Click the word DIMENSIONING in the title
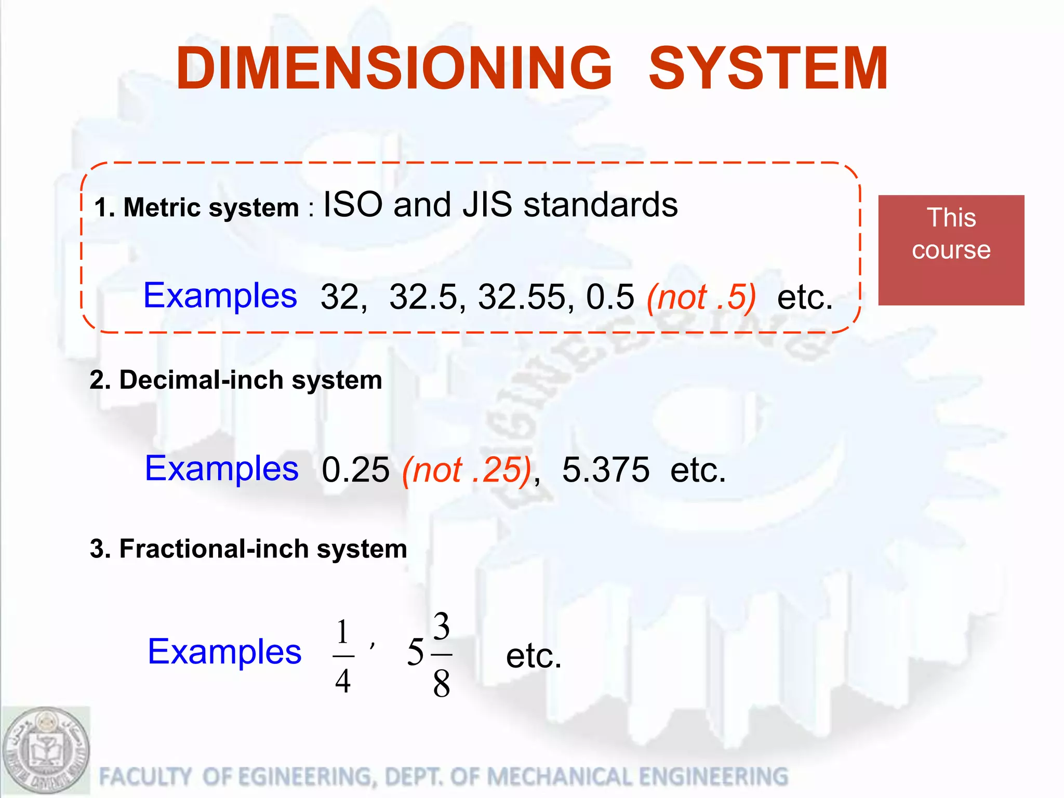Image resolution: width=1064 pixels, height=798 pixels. pos(394,69)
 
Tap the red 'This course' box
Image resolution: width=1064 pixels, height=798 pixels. pos(951,250)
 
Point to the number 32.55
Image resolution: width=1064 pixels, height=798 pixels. pos(522,297)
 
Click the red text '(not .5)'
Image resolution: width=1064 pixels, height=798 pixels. pos(701,297)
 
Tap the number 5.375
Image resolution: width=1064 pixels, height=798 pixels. pos(605,470)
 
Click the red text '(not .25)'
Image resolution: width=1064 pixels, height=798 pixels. pos(467,470)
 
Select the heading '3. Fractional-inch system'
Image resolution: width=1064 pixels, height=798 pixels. pos(248,549)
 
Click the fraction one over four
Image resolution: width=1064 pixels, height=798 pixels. pos(342,656)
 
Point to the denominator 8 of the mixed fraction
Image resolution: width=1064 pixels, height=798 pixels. pos(441,684)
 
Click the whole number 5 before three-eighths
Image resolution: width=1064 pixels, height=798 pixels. pos(415,652)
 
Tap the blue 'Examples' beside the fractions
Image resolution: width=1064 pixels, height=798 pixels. pos(224,651)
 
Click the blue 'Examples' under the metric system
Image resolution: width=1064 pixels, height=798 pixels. pos(220,295)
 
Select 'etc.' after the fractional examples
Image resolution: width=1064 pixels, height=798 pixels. pos(534,656)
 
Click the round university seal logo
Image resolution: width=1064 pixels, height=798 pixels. pos(46,751)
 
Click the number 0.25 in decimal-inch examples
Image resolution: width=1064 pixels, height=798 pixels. pos(355,470)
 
